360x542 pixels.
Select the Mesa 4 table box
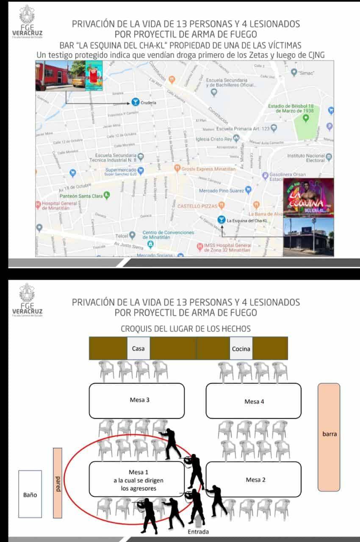tap(254, 401)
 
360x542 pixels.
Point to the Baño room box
tap(30, 494)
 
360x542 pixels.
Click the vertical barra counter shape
tap(329, 437)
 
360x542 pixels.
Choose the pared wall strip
tap(58, 483)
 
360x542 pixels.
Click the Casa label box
tap(138, 348)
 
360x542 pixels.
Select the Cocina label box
tap(241, 348)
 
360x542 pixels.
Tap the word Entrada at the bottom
tap(198, 531)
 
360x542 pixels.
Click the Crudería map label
tap(148, 102)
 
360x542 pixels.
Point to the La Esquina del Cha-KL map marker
tap(221, 219)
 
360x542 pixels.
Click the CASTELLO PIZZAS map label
tap(197, 206)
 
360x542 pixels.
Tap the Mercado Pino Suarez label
tap(222, 191)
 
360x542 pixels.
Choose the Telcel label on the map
tap(122, 235)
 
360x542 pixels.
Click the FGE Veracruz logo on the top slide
tap(27, 21)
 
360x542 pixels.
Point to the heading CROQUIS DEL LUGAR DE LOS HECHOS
tap(186, 328)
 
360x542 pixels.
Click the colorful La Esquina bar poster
tap(308, 197)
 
